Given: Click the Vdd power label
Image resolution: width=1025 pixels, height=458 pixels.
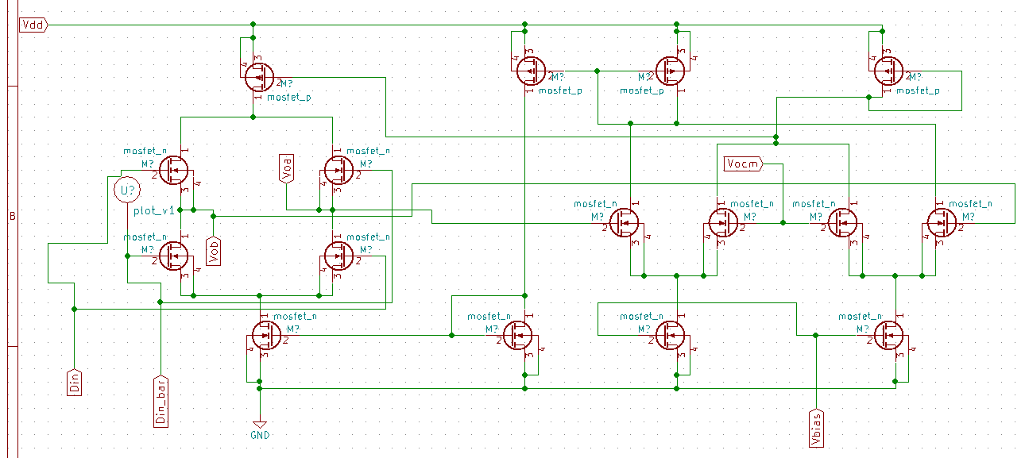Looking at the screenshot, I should point(33,25).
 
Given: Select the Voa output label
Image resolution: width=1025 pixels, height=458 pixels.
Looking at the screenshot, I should point(287,168).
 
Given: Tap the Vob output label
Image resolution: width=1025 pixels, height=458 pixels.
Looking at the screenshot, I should point(212,249).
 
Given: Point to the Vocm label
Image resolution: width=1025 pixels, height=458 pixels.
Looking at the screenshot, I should point(743,164).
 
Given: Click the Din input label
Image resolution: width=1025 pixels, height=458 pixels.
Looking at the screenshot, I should point(74,383).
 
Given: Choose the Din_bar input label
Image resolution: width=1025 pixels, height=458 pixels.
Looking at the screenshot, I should point(161,400).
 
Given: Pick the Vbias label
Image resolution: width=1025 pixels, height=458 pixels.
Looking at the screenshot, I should point(817,423).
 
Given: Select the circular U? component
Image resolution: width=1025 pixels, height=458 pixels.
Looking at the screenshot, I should point(126,190).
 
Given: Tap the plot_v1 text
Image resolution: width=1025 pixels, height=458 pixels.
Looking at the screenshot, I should point(153,210).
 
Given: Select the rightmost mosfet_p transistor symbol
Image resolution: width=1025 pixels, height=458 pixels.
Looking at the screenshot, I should point(887,71).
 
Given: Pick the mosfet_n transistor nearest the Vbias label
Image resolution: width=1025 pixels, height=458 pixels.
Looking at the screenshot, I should point(889,336).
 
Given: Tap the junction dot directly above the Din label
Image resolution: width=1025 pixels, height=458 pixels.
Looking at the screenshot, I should point(74,308).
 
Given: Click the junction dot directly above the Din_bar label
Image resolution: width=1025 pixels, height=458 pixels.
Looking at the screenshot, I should point(161,302).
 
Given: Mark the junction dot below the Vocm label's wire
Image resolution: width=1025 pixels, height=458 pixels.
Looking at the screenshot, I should point(783,223).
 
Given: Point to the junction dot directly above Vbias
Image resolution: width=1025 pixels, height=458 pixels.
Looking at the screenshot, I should point(817,336).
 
